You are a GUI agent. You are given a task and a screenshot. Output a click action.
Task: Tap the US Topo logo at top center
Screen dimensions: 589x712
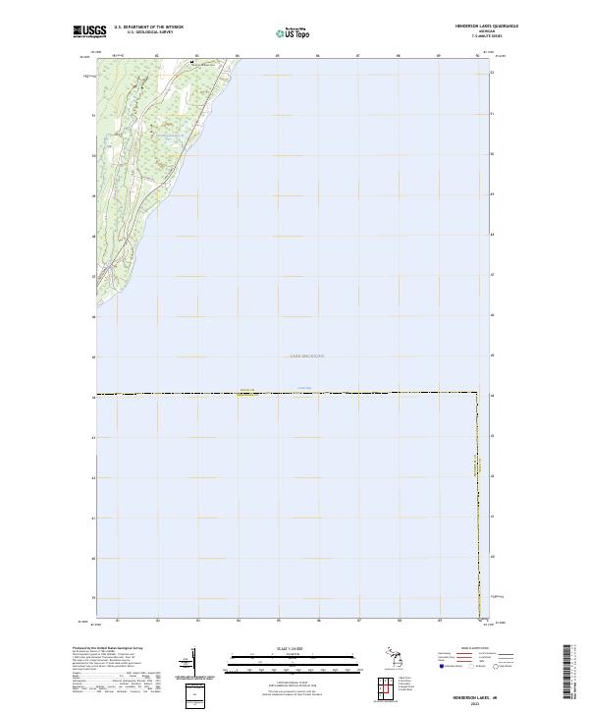click(292, 32)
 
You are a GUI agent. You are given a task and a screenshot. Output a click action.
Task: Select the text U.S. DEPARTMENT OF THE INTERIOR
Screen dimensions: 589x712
click(149, 27)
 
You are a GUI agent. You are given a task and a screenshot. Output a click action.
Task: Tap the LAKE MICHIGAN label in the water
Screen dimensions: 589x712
click(306, 356)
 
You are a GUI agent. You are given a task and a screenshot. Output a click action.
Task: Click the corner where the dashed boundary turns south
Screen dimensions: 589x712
click(478, 394)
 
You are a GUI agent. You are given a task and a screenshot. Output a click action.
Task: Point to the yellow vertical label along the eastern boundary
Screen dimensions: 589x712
click(480, 468)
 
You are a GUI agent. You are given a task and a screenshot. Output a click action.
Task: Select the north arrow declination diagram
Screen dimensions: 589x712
click(187, 663)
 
